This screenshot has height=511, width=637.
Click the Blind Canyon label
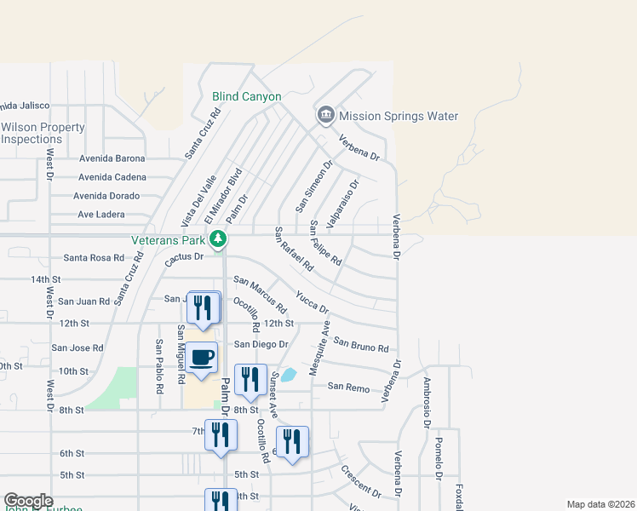pyautogui.click(x=246, y=97)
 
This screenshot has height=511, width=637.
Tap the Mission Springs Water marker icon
pyautogui.click(x=325, y=115)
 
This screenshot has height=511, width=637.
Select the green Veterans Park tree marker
pyautogui.click(x=219, y=238)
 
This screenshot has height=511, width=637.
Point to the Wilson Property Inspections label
pyautogui.click(x=43, y=133)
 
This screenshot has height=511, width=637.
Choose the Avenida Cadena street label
pyautogui.click(x=112, y=177)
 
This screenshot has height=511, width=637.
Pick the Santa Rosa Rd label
pyautogui.click(x=94, y=258)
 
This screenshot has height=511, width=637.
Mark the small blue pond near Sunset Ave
pyautogui.click(x=289, y=374)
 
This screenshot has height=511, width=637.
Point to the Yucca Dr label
pyautogui.click(x=312, y=301)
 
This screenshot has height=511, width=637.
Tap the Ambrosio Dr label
pyautogui.click(x=426, y=401)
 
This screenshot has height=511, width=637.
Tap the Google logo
pyautogui.click(x=28, y=501)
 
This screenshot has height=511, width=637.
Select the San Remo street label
pyautogui.click(x=349, y=387)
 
